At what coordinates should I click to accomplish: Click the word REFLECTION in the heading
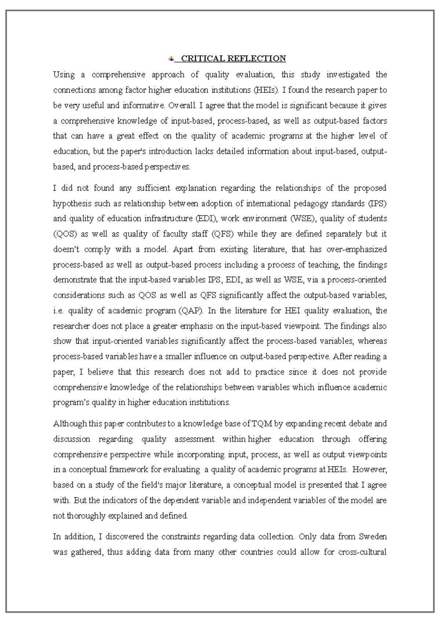(256, 59)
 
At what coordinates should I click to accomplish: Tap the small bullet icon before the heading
(171, 59)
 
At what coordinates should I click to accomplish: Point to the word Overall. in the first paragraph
(183, 105)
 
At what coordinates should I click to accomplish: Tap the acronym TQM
(262, 424)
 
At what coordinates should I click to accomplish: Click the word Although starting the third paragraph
(70, 424)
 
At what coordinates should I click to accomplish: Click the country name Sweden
(373, 537)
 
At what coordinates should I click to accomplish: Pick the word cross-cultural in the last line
(362, 552)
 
